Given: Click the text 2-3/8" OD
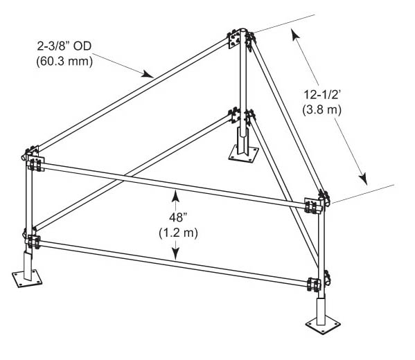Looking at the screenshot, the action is pos(64,46).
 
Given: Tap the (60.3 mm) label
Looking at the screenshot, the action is pos(64,62).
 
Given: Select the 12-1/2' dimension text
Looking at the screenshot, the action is pos(321,94).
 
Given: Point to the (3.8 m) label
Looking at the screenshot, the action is pos(322,109).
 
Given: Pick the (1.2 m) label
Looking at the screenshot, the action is pos(178,233).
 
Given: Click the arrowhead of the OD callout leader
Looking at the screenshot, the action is pos(148,74).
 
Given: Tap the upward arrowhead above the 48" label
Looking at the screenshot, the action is pos(175,196).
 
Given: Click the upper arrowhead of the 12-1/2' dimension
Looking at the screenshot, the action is pos(296,35).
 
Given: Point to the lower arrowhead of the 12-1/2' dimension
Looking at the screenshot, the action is pos(363,179).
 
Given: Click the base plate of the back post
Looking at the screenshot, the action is pos(244,154).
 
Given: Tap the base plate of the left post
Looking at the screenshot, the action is pos(27,279).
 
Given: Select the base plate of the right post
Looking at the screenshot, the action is pos(322,325).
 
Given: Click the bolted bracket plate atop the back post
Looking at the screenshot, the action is pos(233,39).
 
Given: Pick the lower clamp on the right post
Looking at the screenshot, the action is pos(315,285).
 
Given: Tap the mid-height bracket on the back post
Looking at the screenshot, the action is pos(234,116).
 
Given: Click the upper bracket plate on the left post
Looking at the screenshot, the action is pos(35,163).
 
